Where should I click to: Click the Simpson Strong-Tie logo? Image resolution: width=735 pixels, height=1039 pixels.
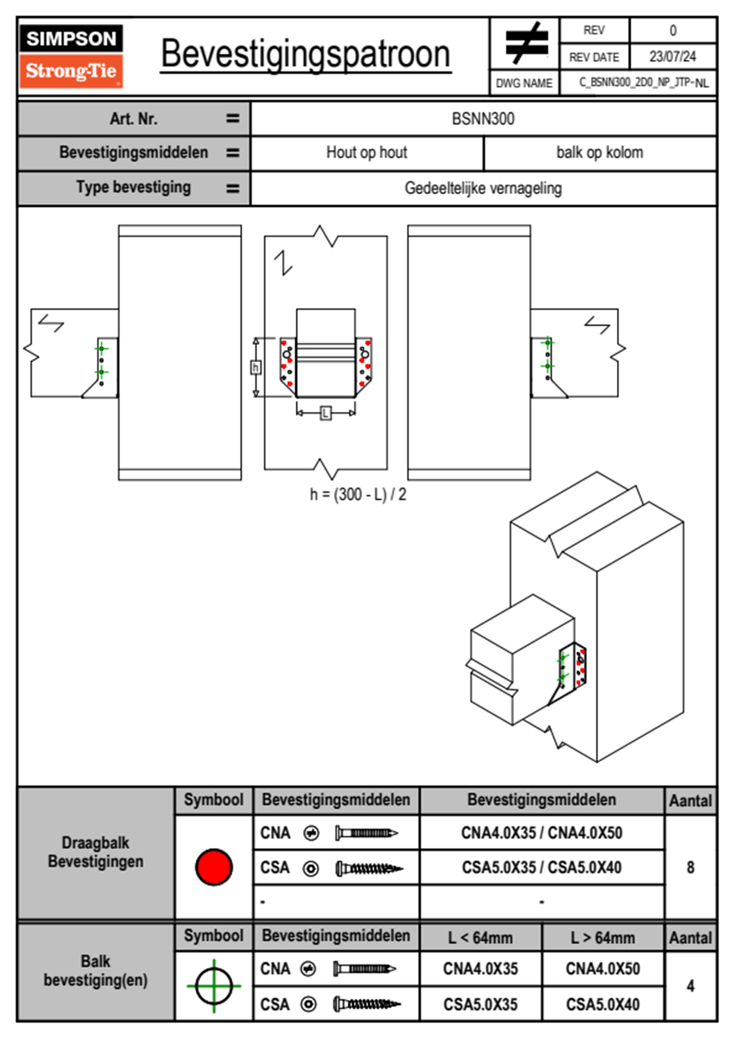pos(71,56)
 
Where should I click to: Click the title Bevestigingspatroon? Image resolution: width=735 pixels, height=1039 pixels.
pos(305,54)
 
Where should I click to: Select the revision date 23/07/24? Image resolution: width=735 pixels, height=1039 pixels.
pos(672,57)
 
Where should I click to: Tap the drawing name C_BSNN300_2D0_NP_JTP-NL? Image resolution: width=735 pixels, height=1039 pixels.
pos(644,83)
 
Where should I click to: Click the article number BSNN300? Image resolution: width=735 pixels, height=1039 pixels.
pos(483,119)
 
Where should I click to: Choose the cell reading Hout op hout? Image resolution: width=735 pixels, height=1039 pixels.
pos(367,153)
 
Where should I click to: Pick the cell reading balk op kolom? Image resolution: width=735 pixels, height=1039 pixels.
pos(600,153)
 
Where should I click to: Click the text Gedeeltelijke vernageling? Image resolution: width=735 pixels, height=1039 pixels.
pos(483,188)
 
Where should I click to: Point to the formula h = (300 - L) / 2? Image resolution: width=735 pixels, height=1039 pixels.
pos(358,494)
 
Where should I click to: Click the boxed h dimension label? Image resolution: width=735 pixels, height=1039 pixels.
pos(256,368)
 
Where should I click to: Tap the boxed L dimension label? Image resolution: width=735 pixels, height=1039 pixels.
pos(325,413)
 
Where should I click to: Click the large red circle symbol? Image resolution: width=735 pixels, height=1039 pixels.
pos(214,867)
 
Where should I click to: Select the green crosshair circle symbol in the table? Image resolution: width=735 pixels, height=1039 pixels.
pos(214,986)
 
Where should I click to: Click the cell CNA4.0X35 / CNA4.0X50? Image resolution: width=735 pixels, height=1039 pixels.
pos(542,833)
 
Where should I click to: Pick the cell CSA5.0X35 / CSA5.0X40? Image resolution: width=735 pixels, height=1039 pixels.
pos(542,868)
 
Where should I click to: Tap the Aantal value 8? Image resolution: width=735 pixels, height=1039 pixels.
pos(691,868)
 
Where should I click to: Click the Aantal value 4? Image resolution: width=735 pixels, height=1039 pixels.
pos(691,986)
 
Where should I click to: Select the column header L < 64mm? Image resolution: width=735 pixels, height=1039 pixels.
pos(481,938)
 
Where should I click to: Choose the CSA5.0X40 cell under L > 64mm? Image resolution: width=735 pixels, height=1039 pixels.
pos(603,1005)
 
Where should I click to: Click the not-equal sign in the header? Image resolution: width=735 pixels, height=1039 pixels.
pos(526,43)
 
